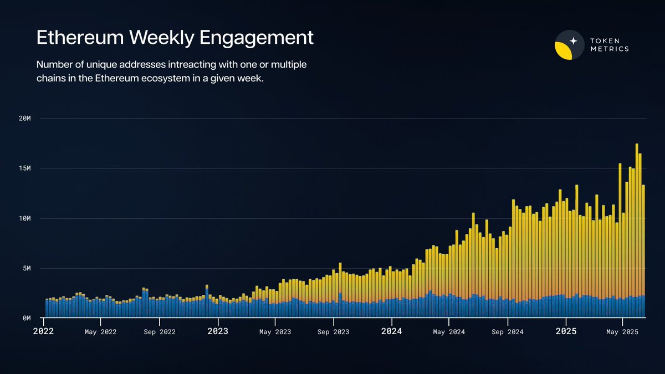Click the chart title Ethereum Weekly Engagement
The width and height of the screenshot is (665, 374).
(175, 38)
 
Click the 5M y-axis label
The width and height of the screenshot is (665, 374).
(25, 269)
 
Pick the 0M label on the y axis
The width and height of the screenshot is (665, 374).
(25, 319)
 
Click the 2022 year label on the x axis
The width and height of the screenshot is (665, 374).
(44, 331)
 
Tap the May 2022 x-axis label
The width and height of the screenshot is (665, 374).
(100, 332)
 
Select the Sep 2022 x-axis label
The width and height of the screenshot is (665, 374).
(160, 332)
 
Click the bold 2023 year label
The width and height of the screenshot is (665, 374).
(218, 331)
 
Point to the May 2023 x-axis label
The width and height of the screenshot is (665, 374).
(275, 332)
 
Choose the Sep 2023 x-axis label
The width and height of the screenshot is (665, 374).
(334, 332)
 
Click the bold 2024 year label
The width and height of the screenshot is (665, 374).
(392, 331)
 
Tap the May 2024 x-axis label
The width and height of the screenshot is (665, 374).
(449, 332)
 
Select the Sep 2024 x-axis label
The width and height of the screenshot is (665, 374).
(508, 332)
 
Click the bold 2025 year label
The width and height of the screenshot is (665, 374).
(566, 331)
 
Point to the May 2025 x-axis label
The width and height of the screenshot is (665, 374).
(622, 332)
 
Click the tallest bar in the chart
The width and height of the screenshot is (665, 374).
(637, 233)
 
